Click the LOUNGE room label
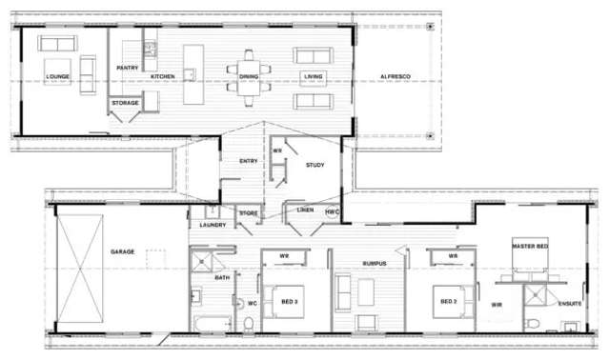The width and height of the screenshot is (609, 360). pyautogui.click(x=57, y=75)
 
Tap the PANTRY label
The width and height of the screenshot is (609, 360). pyautogui.click(x=128, y=69)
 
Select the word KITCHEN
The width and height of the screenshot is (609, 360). pyautogui.click(x=163, y=75)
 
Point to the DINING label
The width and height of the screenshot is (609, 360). pyautogui.click(x=249, y=75)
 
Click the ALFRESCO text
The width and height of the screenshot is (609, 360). pyautogui.click(x=396, y=75)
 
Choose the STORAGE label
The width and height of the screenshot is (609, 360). pyautogui.click(x=126, y=102)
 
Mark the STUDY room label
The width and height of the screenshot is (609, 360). pyautogui.click(x=315, y=165)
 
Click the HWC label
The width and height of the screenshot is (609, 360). pyautogui.click(x=332, y=210)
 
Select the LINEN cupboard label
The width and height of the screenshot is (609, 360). pyautogui.click(x=305, y=210)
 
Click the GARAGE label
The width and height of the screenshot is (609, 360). pyautogui.click(x=122, y=251)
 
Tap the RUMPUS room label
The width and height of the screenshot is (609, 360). pyautogui.click(x=375, y=263)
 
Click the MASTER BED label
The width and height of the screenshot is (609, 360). pyautogui.click(x=531, y=247)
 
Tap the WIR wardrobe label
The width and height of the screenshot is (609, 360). pyautogui.click(x=497, y=305)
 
